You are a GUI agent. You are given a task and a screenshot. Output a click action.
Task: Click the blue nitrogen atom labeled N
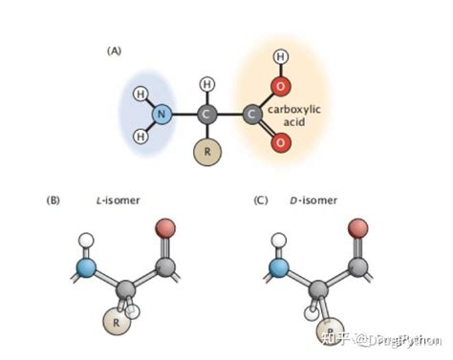pos(162,116)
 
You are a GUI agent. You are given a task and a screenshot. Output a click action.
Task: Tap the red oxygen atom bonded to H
pos(280,88)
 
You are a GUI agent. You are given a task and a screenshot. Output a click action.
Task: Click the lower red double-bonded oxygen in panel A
pos(280,143)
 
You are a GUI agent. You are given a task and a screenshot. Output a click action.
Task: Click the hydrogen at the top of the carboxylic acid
pos(280,57)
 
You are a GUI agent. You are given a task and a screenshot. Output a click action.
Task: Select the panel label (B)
pos(54,201)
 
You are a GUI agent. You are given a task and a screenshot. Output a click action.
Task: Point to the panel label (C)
pos(260,201)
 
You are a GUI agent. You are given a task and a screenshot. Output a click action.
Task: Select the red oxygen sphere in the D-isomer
pos(358,228)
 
